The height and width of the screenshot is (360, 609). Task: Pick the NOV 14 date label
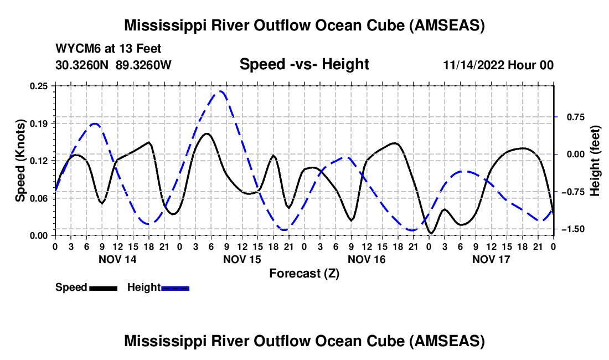tap(117, 259)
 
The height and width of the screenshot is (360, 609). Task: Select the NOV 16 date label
tap(367, 259)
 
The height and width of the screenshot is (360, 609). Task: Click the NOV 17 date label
tap(491, 259)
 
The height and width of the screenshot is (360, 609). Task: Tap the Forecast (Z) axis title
tap(304, 273)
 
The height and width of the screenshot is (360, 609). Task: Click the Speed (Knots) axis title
tap(20, 160)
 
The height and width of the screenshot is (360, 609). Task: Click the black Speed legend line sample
tap(103, 287)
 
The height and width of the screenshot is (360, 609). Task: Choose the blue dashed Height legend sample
tap(175, 287)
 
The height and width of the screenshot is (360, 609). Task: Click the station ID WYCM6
tap(75, 49)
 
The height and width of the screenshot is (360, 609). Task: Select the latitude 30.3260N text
tap(83, 65)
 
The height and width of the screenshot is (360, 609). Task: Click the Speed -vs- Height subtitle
tap(304, 64)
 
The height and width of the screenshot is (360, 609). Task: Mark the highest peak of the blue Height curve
tap(220, 91)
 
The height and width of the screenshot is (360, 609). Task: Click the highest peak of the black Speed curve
tap(207, 133)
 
